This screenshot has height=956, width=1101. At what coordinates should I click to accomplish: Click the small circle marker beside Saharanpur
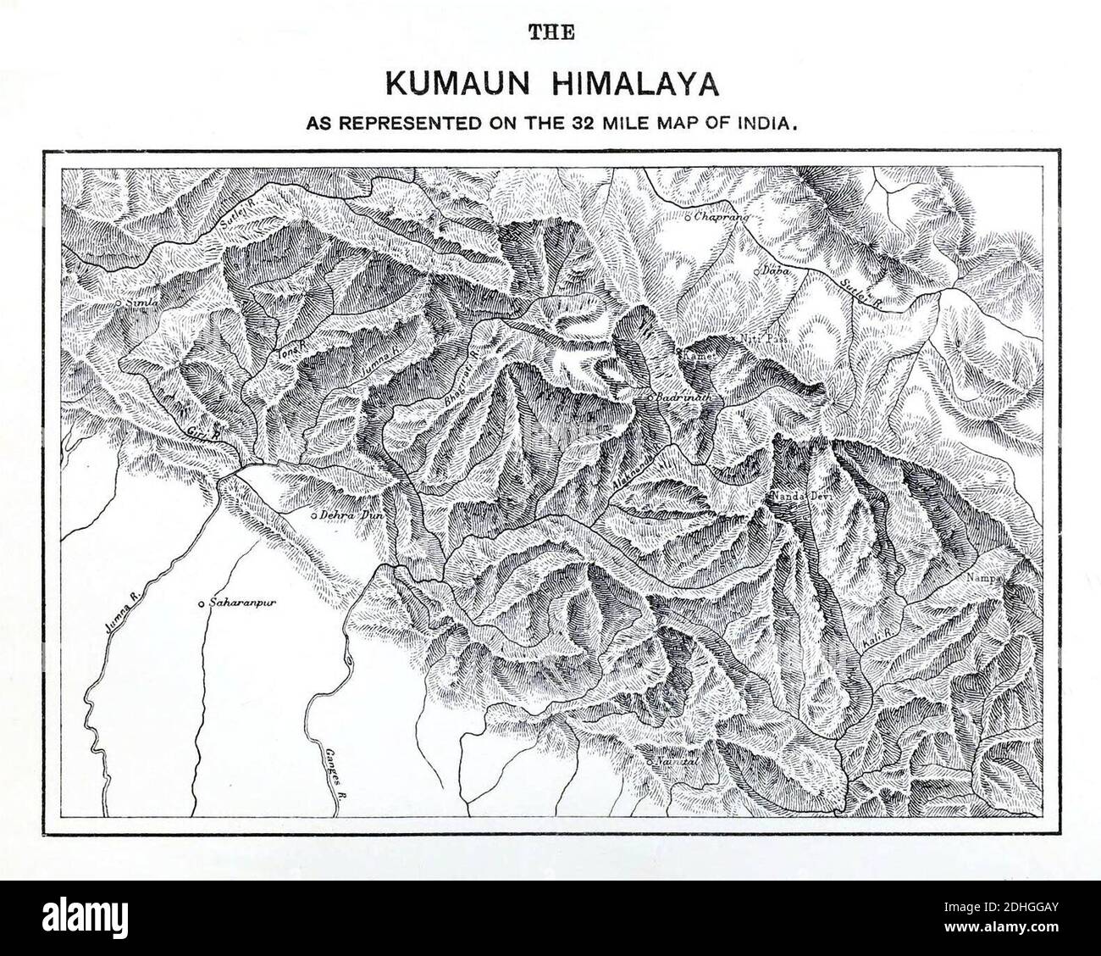pyautogui.click(x=201, y=604)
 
